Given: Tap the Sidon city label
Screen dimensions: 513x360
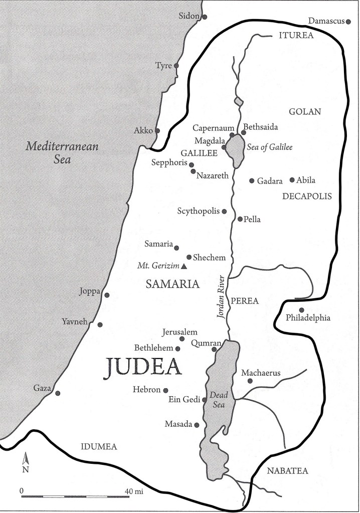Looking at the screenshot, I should (189, 17).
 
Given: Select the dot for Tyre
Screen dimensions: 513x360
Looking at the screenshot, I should (176, 65).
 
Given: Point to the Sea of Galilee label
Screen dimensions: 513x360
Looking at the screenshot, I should (269, 147).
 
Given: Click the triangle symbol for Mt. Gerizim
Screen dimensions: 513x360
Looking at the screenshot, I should (184, 266).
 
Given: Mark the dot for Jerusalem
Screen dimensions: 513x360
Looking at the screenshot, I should (182, 339).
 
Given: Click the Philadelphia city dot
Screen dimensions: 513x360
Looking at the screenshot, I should (301, 309).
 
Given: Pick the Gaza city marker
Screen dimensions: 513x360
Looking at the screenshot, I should (58, 393).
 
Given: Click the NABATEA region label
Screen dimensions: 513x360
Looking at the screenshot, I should (288, 470).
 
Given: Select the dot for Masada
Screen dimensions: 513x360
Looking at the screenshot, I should (197, 425).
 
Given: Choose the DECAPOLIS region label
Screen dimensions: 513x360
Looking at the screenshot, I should (307, 197).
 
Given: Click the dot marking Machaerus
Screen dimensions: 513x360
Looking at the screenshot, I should (250, 381).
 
